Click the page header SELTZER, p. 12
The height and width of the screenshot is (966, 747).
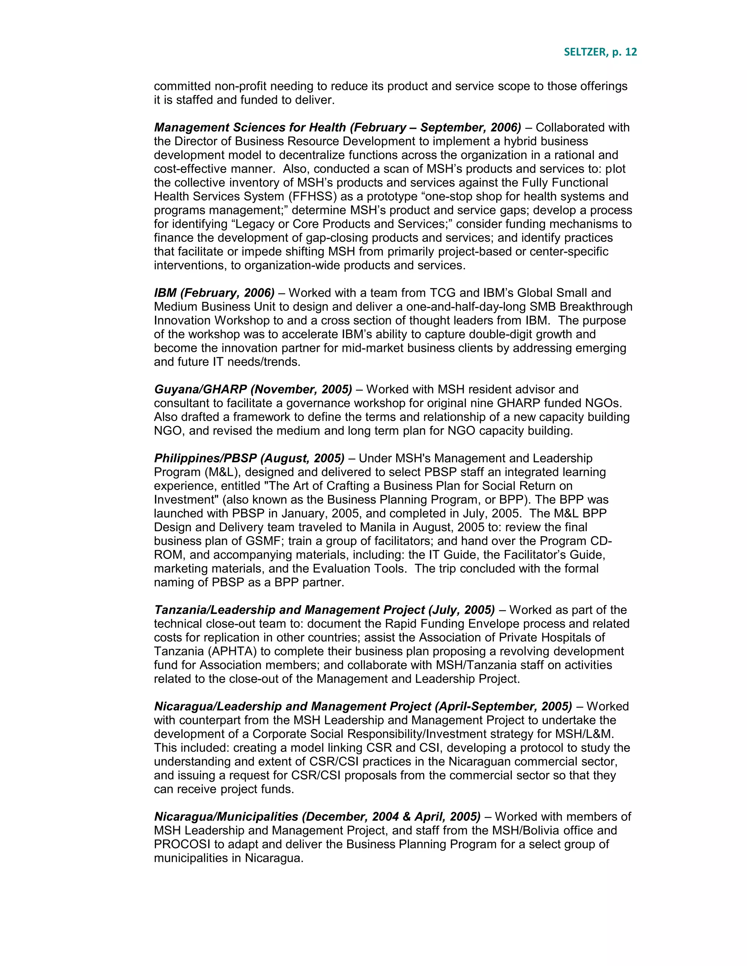pos(600,52)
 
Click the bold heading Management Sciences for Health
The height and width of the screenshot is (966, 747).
pos(249,127)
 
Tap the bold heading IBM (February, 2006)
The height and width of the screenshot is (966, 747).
pos(214,293)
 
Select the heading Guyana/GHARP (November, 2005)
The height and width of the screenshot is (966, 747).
pos(253,389)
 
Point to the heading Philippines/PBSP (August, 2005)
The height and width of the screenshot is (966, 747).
pos(249,458)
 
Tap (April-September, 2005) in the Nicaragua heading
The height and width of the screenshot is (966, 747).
pos(503,706)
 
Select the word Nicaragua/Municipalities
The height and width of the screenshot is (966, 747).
pos(226,817)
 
